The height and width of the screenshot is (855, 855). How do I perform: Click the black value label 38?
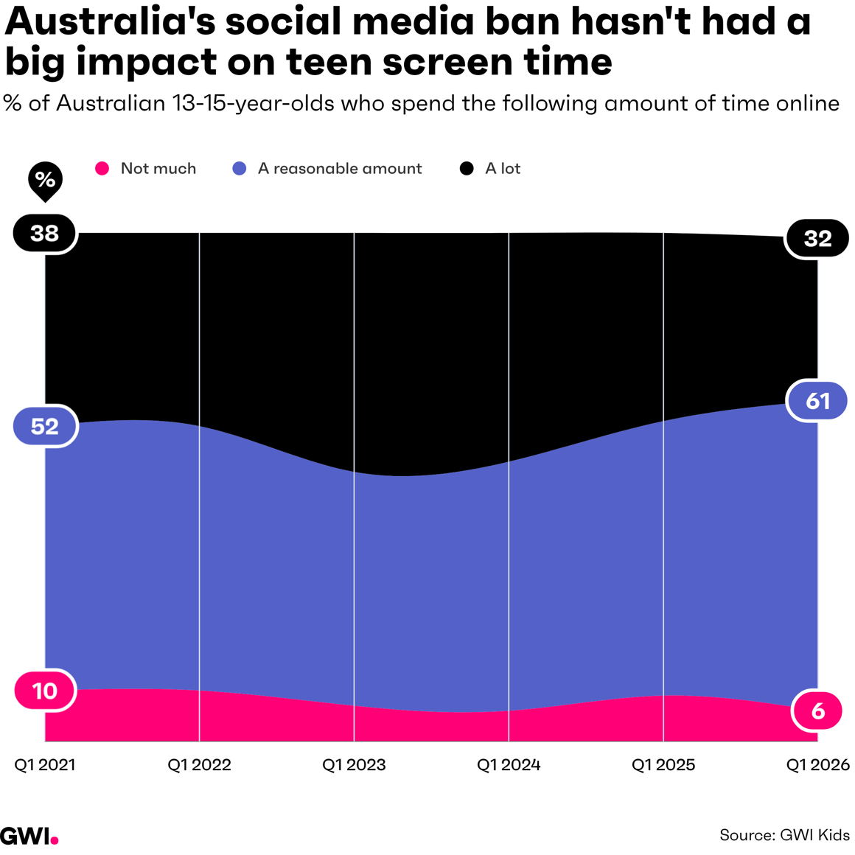(x=45, y=234)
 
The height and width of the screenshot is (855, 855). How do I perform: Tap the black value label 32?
(x=817, y=238)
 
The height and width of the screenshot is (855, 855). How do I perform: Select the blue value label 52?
(x=45, y=426)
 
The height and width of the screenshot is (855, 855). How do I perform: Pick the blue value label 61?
(x=817, y=400)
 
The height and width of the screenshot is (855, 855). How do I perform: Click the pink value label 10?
(x=45, y=691)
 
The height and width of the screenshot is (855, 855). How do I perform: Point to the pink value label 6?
(x=817, y=711)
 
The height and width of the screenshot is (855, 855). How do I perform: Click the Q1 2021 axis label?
(x=45, y=765)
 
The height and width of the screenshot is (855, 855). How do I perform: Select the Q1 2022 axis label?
(x=199, y=765)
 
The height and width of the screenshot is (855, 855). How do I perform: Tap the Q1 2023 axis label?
(x=354, y=765)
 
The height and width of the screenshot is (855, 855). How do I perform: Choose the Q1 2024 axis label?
(x=509, y=765)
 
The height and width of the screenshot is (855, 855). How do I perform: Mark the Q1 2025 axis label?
(x=663, y=765)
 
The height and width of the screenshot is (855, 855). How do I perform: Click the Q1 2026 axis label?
(x=817, y=765)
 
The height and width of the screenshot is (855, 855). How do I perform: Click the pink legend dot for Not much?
(x=102, y=169)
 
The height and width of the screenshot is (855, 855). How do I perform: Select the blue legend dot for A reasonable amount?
(x=240, y=169)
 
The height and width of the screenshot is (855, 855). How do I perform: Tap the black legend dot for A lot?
(x=467, y=169)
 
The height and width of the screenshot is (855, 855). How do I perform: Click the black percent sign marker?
(x=45, y=180)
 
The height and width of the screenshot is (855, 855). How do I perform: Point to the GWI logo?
(x=29, y=836)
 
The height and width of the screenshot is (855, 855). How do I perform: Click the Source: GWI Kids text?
(x=784, y=835)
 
